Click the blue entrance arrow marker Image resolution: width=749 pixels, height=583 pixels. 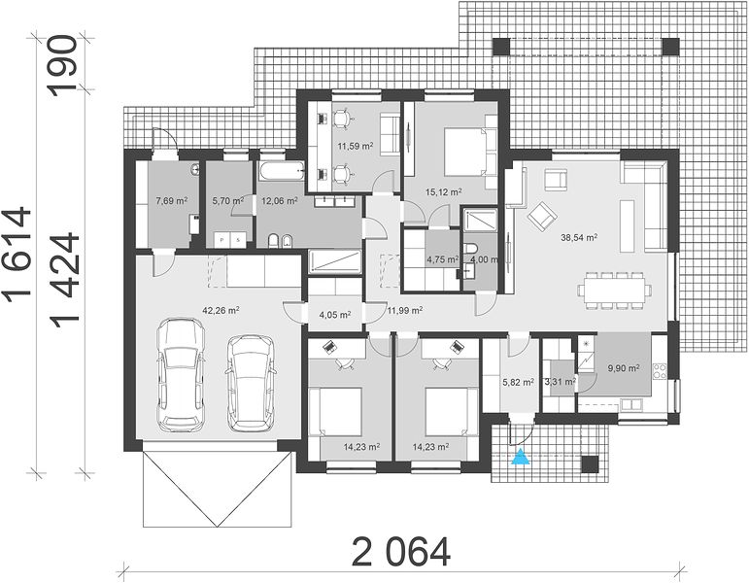coord(521,457)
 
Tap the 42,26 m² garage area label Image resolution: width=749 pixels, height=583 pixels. coord(221,310)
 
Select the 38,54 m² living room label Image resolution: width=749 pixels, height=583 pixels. coord(579,236)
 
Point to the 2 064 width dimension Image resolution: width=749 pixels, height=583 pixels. coord(401,552)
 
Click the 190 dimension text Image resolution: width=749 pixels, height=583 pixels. coord(63,66)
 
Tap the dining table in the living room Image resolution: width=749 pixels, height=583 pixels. coord(615,291)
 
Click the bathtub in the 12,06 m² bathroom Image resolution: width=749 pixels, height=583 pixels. coord(282,171)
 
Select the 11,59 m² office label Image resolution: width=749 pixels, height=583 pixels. coord(356,146)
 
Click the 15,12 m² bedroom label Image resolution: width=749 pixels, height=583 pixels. coord(443,192)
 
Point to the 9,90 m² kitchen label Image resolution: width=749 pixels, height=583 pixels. coord(624,368)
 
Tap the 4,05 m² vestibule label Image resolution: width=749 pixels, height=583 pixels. coord(335,315)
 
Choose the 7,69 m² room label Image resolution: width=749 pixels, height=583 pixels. coord(171,201)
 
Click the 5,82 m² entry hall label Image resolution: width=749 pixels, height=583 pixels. coord(519,382)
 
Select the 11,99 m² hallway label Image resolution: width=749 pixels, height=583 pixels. coord(404,310)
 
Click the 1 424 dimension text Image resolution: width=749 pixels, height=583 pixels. coord(66,281)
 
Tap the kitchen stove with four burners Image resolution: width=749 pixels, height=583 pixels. coord(660,372)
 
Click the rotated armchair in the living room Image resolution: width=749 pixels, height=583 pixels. coord(542,216)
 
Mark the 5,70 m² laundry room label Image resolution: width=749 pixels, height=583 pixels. coord(228,201)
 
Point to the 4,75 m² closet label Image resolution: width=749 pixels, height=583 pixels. coord(442,259)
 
